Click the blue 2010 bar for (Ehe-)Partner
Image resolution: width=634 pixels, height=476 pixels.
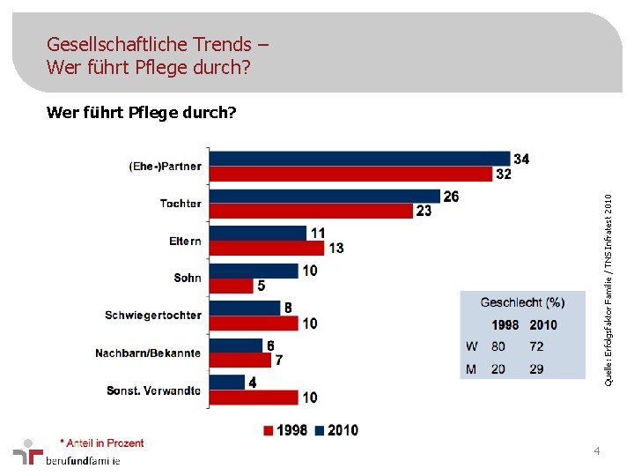(x=361, y=159)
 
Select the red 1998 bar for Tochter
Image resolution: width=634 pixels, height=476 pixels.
(x=312, y=211)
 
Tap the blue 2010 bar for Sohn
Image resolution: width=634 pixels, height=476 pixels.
(x=254, y=271)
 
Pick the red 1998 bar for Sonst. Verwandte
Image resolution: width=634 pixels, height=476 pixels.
(x=254, y=397)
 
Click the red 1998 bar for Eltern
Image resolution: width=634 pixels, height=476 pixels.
(x=268, y=248)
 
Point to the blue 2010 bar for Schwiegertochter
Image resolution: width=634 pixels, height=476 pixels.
(x=246, y=308)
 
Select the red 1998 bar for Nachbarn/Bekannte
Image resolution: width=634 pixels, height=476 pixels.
(x=241, y=360)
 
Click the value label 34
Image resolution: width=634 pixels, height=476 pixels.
(x=521, y=159)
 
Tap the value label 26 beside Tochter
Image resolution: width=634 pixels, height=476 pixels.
(x=451, y=197)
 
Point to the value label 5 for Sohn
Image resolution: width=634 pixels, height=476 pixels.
(x=262, y=286)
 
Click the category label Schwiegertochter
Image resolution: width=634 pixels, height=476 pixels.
(x=153, y=316)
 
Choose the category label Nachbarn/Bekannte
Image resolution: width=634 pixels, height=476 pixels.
(x=148, y=353)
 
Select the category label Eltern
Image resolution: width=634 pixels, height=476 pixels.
(x=185, y=241)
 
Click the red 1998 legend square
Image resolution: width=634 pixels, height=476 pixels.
(x=269, y=430)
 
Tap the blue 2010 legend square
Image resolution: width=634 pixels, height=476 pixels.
(x=321, y=430)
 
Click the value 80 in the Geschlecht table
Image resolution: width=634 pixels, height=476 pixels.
(x=498, y=346)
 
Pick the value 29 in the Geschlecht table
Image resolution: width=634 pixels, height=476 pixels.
(x=537, y=368)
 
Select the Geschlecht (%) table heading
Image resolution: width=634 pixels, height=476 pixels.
(x=522, y=302)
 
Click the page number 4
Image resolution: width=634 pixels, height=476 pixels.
(x=597, y=451)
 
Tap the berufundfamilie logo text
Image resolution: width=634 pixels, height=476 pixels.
(x=83, y=460)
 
